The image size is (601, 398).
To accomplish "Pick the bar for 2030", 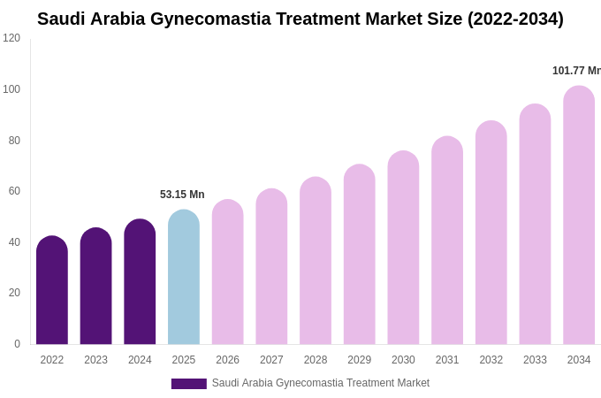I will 403,248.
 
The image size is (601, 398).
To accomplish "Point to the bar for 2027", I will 271,266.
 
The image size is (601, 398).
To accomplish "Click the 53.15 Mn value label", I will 182,195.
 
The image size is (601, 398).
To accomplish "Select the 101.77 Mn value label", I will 576,71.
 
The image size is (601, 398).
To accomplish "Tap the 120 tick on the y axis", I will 11,38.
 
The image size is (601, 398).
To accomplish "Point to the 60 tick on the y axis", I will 14,191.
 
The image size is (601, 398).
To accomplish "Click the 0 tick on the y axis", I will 17,344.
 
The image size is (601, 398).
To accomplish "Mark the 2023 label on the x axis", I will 95,360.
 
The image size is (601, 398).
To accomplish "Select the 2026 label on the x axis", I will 227,360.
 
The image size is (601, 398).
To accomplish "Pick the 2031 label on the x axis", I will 447,360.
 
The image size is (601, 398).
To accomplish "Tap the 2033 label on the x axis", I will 535,360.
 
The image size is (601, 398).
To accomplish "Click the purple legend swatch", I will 188,384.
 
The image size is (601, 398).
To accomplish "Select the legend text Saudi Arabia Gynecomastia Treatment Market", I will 321,383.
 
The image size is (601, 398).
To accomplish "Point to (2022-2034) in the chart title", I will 515,19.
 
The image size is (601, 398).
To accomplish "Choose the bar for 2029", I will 359,254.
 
